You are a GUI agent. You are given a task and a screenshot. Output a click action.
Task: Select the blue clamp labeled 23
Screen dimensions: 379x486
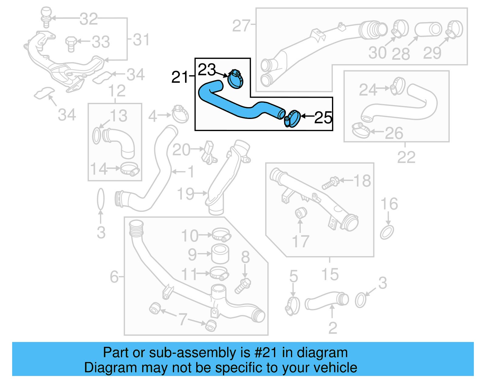(235, 79)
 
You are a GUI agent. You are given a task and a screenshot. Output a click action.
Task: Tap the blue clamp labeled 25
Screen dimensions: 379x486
(293, 119)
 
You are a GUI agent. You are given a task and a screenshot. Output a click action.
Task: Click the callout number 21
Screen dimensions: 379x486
(180, 77)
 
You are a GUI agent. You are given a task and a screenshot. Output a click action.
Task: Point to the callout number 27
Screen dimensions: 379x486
(241, 26)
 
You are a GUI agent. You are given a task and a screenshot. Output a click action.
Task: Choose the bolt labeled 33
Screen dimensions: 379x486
(70, 43)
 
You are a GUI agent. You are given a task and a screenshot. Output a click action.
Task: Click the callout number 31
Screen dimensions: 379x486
(141, 40)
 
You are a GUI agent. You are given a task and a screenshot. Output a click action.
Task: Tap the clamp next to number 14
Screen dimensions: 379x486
(130, 169)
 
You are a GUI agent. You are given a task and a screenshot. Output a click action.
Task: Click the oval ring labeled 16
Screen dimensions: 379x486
(387, 232)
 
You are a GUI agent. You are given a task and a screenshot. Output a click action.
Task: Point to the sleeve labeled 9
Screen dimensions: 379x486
(220, 254)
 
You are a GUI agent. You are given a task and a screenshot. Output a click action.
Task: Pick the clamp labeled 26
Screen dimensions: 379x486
(360, 130)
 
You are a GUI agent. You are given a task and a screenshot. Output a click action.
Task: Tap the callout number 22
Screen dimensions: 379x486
(406, 157)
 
